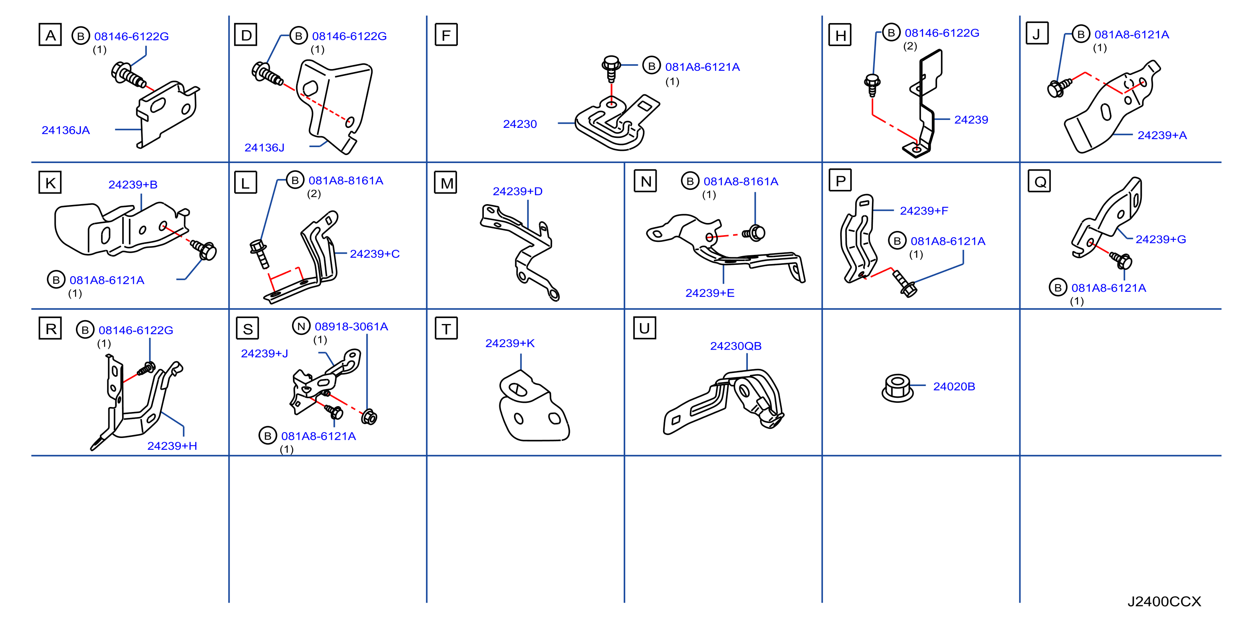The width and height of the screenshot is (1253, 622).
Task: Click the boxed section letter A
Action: (x=50, y=34)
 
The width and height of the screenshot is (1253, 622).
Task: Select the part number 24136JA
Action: (x=65, y=130)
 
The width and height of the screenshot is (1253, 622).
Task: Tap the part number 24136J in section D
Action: (x=264, y=148)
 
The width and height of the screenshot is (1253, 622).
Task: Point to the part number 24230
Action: (x=519, y=124)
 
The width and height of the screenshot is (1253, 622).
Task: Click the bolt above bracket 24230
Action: (x=611, y=68)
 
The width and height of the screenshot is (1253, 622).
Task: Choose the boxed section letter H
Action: (x=840, y=34)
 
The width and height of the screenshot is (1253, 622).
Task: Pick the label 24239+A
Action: (x=1162, y=135)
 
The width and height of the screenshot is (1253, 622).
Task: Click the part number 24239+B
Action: (x=133, y=185)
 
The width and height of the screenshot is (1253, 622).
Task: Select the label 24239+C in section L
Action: (x=375, y=254)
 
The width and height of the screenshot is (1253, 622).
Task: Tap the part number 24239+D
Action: (x=517, y=192)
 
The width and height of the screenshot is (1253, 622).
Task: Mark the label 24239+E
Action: (x=710, y=293)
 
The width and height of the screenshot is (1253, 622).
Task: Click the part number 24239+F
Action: (x=924, y=211)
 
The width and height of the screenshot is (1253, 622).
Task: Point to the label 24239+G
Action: (x=1161, y=239)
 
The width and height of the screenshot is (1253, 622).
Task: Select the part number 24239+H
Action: (x=172, y=446)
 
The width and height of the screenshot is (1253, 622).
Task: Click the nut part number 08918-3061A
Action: (x=351, y=327)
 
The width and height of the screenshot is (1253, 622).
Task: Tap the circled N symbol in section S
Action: (x=301, y=326)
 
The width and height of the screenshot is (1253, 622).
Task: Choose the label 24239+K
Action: (x=510, y=343)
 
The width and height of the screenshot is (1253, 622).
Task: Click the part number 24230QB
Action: (x=736, y=346)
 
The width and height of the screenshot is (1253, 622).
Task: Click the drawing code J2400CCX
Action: (x=1164, y=601)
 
